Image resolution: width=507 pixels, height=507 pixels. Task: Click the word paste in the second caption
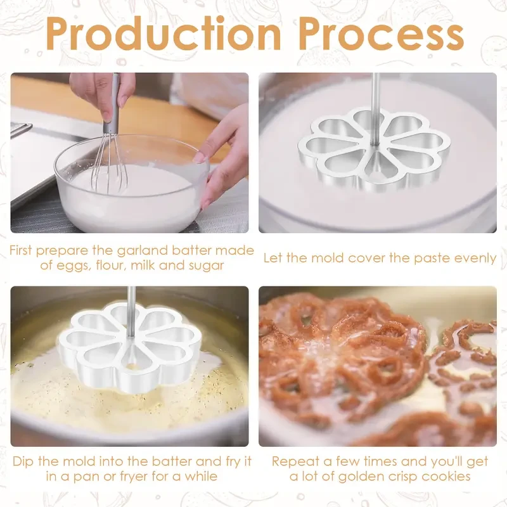423,258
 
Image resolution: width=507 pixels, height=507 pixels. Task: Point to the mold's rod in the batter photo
376,101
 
